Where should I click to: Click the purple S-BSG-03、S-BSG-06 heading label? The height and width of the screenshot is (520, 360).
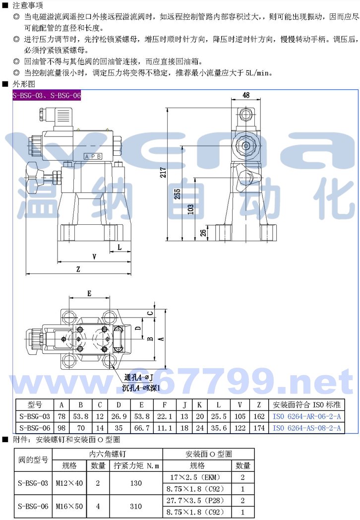(47, 95)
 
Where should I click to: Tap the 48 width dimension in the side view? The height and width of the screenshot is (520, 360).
(246, 95)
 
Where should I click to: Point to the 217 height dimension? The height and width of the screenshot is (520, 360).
(164, 172)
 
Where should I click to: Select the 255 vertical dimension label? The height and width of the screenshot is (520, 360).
(178, 194)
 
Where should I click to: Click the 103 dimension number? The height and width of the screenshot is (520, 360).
(190, 209)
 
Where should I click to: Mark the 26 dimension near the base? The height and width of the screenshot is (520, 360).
(203, 233)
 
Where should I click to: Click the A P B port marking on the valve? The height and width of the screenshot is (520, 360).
(93, 156)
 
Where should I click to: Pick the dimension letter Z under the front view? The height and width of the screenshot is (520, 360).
(78, 269)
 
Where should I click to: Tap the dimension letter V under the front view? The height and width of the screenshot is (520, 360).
(95, 257)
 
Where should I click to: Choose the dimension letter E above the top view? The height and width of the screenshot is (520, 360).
(89, 294)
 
